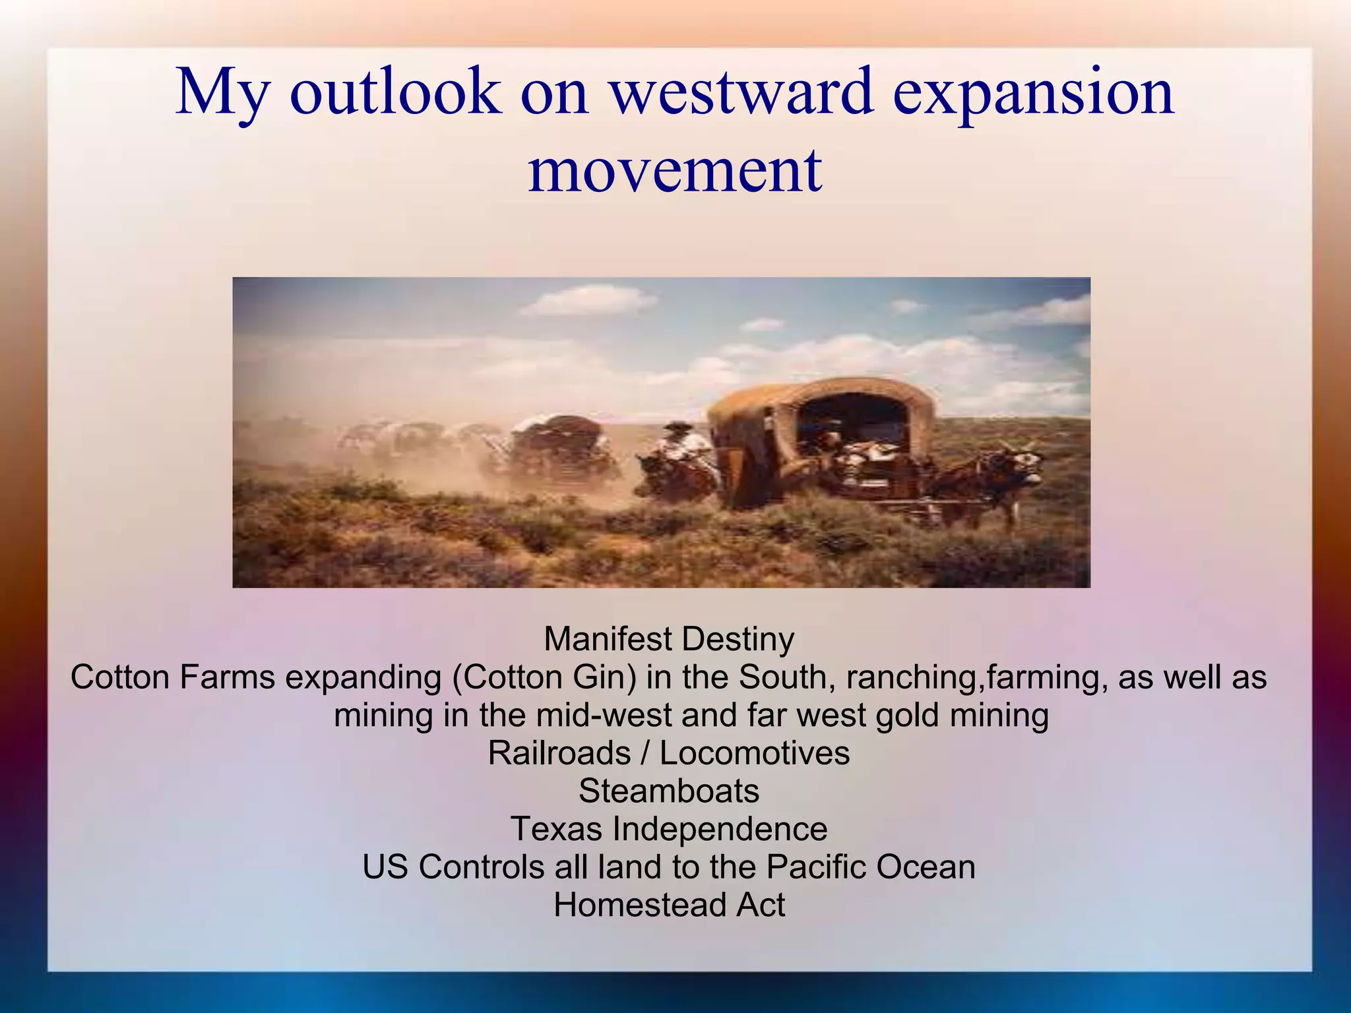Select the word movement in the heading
[675, 170]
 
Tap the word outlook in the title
[394, 92]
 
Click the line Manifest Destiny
[669, 639]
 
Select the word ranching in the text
[910, 677]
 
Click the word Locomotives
[755, 753]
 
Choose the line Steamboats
[669, 791]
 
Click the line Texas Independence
[669, 829]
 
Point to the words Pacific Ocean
[871, 867]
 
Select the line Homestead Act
[669, 905]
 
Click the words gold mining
[962, 716]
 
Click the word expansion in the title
[1033, 92]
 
